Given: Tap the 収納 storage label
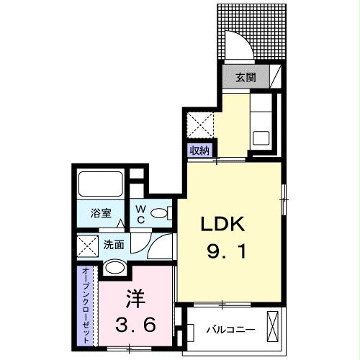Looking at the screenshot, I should coord(199,150).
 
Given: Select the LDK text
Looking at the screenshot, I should coord(223,225).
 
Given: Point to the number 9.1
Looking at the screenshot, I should coord(223,253).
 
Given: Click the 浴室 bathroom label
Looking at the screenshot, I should coord(101,213).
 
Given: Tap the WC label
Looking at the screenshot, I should coord(142,213).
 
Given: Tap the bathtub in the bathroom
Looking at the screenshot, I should coord(102,184).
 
